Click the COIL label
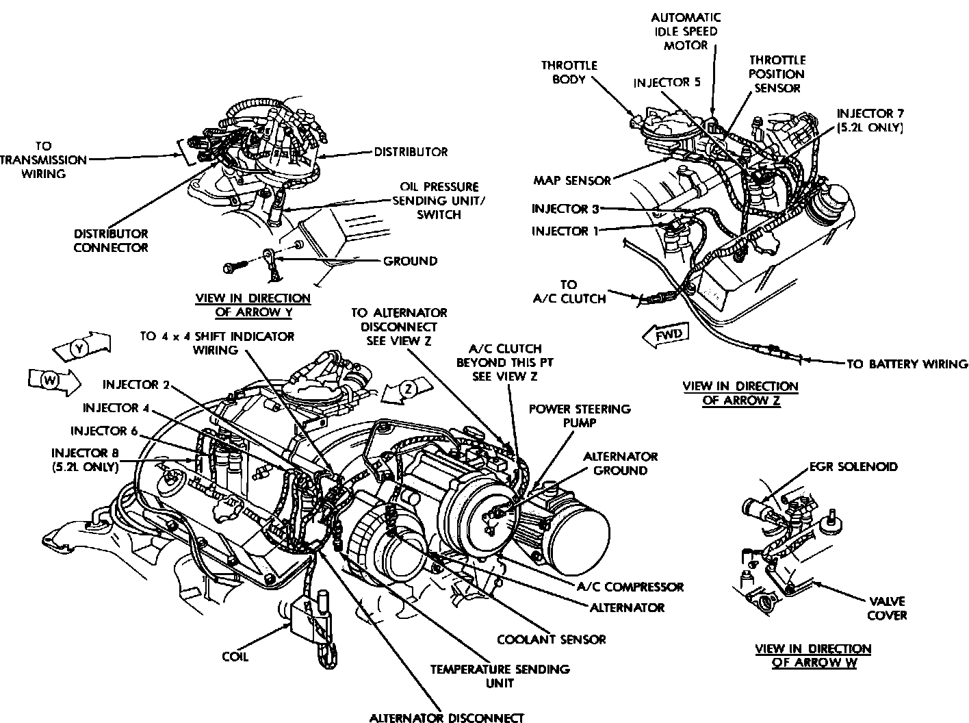[235, 657]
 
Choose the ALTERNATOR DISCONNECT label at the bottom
[447, 718]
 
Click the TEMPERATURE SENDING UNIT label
[500, 676]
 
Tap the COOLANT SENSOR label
[552, 639]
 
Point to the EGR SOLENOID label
[853, 467]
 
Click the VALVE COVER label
[887, 608]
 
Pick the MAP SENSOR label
[572, 181]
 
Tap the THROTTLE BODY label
[569, 72]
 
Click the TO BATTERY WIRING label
[907, 364]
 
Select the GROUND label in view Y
[409, 261]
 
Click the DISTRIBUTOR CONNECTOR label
[111, 240]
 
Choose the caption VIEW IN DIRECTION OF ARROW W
[813, 655]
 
